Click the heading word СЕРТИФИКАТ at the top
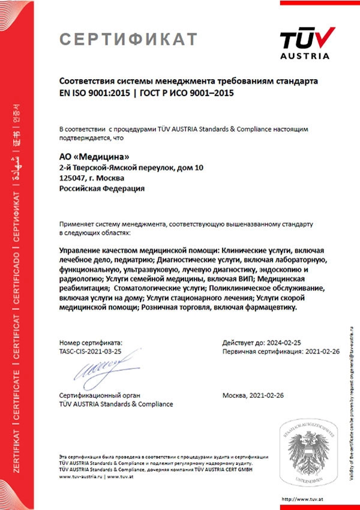pos(128,40)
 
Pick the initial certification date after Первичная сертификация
pos(322,350)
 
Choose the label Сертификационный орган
pos(99,395)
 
